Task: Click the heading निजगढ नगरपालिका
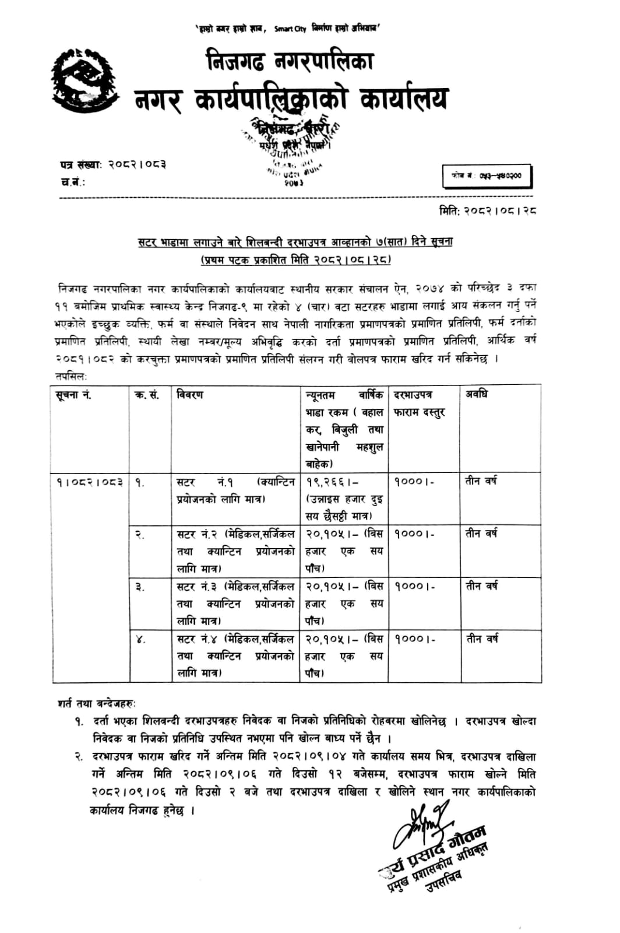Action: coord(289,61)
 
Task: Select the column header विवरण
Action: coord(190,395)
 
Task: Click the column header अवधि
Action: coord(476,394)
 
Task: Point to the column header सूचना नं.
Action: coord(74,395)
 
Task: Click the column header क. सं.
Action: coord(147,395)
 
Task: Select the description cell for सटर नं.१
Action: coord(235,490)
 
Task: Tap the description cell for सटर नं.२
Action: coord(235,551)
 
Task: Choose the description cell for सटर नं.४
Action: coord(235,656)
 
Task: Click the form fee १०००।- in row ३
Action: coord(414,586)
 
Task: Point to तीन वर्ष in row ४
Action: coord(481,639)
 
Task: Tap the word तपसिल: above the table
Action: coord(71,377)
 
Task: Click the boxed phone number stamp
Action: coord(487,176)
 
